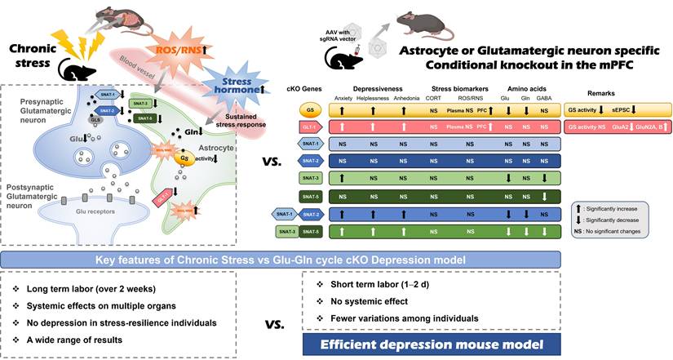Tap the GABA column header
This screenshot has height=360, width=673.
coord(543,97)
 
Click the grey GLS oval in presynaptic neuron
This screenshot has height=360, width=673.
coord(96,122)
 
